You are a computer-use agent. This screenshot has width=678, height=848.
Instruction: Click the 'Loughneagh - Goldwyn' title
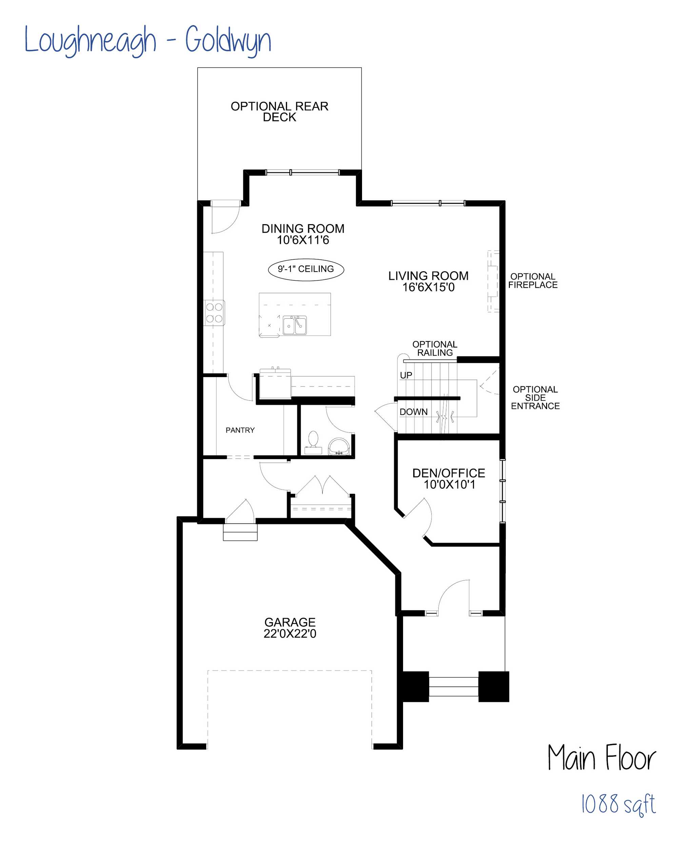(148, 40)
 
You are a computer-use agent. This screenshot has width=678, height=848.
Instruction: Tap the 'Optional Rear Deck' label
(279, 111)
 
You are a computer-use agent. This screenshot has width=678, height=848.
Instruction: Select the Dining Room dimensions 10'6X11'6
(303, 240)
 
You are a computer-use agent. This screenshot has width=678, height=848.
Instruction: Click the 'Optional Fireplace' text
(533, 281)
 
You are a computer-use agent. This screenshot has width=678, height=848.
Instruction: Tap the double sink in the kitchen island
(295, 325)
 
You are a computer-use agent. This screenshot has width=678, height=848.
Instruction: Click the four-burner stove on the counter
(214, 313)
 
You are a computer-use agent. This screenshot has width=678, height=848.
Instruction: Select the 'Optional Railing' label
(435, 349)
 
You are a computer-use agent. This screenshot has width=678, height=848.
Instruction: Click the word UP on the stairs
(406, 375)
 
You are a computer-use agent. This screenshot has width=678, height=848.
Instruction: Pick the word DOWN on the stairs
(413, 412)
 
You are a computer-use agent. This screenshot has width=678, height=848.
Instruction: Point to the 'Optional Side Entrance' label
(535, 398)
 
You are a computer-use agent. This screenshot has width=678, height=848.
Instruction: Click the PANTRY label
(240, 430)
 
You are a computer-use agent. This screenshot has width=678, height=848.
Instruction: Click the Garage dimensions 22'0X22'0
(290, 634)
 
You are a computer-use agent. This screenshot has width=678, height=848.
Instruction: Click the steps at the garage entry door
(240, 532)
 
